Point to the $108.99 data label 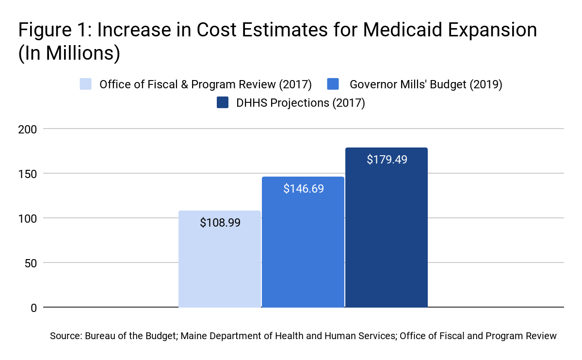[220, 223]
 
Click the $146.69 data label [304, 189]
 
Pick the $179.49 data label [387, 159]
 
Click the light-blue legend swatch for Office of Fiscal [86, 84]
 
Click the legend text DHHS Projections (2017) [300, 103]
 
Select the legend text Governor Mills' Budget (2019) [426, 84]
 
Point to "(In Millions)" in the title [69, 53]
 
